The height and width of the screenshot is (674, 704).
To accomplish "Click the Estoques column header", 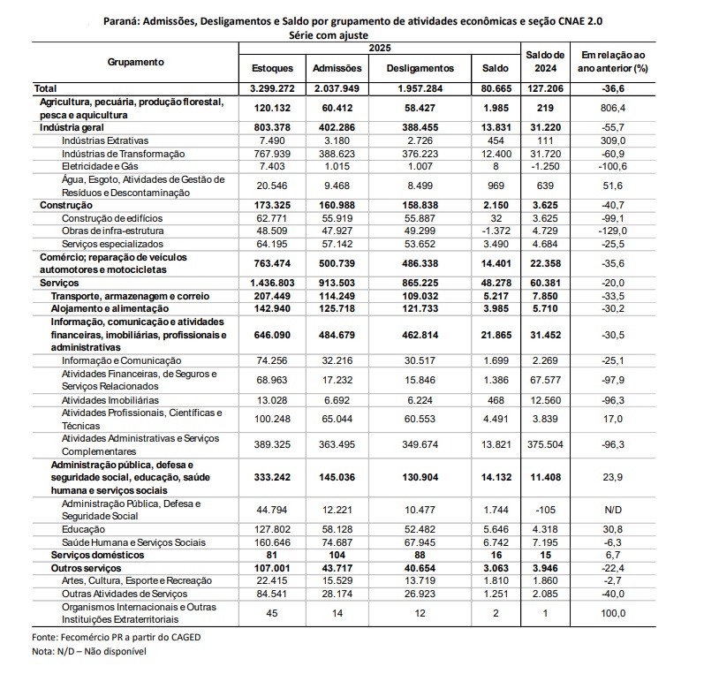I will point(272,68).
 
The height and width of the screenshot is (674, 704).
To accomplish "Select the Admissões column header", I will point(337,68).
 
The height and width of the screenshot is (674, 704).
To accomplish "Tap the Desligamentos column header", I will point(421,68).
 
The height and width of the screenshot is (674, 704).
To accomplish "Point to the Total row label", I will point(44,89).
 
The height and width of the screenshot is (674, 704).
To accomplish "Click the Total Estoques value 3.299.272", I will point(272,89).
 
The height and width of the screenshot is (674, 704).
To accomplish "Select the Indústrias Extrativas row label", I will point(104,140).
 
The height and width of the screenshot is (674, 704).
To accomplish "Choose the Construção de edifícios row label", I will point(109,217).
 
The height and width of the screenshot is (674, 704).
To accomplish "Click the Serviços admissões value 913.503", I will point(337,282).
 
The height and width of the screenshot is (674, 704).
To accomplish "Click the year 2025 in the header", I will point(380,46).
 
